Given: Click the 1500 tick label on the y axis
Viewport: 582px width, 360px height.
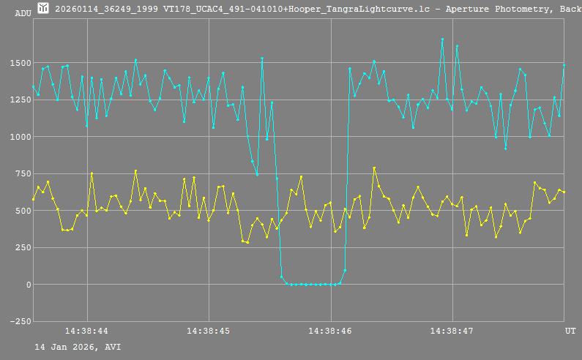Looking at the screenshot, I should pos(22,63).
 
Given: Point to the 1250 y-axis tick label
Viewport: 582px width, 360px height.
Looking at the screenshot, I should pos(22,100).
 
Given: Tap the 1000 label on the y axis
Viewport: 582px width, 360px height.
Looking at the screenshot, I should pos(22,137).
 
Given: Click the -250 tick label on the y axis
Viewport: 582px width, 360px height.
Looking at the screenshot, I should pos(20,321).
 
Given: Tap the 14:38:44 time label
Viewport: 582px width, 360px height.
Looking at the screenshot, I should pos(86,331).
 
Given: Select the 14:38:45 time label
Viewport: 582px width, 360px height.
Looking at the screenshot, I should pos(209,331).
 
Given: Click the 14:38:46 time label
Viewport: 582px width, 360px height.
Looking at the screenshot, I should pos(331,331).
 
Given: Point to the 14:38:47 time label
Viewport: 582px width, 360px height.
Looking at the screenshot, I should pos(452,331).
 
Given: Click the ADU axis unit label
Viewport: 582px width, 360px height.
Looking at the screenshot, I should pos(23,12).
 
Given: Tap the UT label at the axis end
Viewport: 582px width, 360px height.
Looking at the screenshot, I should pos(570,331).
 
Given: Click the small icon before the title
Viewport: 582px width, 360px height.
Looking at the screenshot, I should pos(43,8).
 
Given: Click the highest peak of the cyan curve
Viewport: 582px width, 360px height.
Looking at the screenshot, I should pos(442,40).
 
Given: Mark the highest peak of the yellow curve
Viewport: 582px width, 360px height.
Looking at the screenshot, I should pos(374,168).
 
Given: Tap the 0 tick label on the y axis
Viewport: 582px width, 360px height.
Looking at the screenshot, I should pos(29,285).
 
